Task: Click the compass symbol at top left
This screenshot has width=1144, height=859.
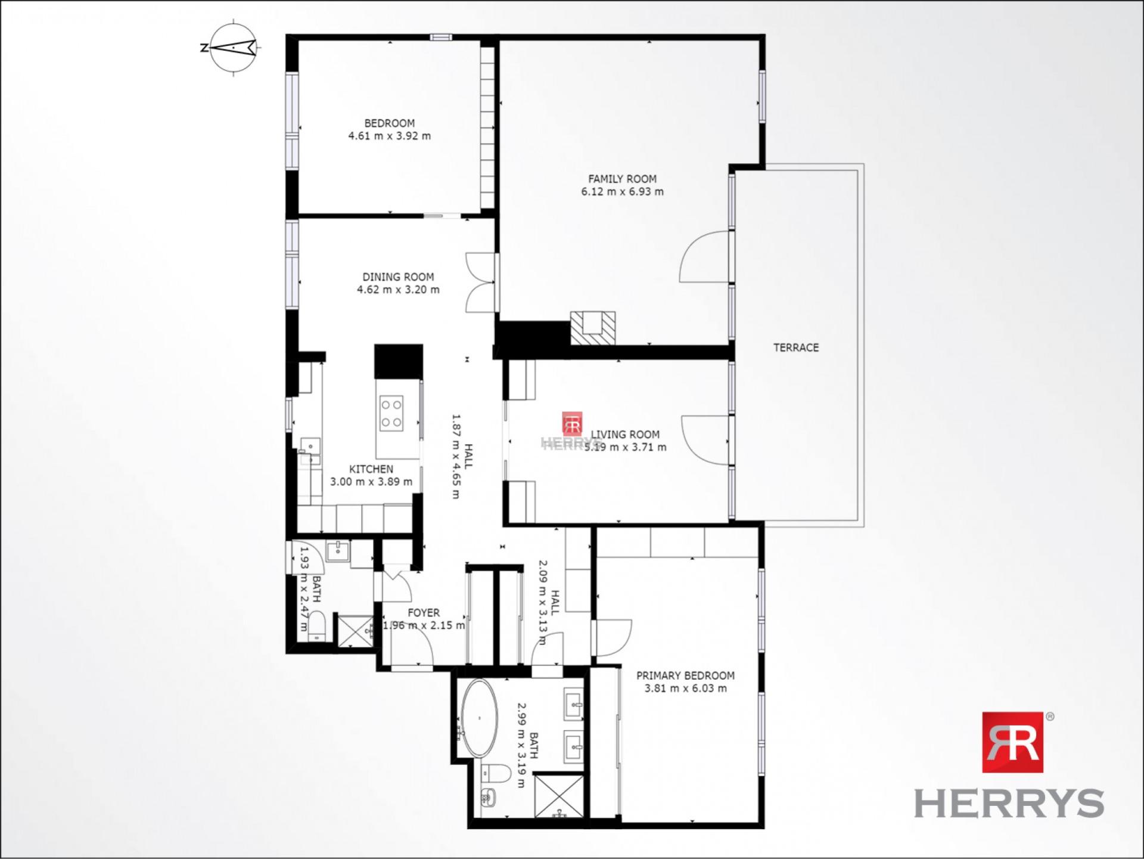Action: pos(234,47)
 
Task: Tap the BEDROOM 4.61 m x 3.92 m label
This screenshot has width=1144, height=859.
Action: pos(389,129)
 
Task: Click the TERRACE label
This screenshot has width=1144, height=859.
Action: pos(796,348)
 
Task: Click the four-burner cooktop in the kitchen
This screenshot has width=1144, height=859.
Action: pos(391,413)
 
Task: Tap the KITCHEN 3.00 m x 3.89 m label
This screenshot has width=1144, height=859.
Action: pos(371,475)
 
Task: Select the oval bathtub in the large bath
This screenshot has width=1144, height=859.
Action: pos(480,718)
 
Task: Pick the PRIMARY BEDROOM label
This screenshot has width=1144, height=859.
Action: pos(685,681)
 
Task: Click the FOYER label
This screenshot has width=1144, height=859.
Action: pos(424,613)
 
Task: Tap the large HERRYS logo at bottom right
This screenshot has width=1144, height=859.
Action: pos(1011,766)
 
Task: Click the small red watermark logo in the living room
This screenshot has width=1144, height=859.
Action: pos(572,424)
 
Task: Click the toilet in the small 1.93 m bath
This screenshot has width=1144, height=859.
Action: pos(317,625)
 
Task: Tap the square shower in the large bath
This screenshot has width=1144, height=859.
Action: pos(559,795)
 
